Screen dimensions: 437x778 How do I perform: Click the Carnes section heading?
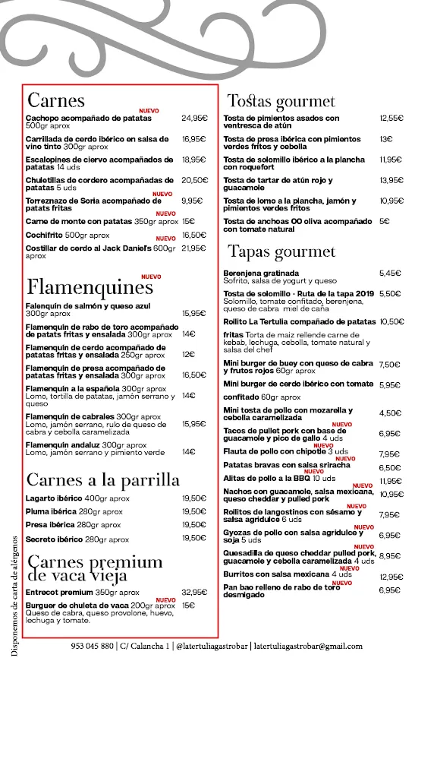click(x=56, y=100)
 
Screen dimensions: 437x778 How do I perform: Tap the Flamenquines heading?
click(x=90, y=288)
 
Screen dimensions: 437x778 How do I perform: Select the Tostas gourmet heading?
click(x=281, y=101)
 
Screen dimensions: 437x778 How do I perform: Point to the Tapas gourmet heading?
click(x=281, y=251)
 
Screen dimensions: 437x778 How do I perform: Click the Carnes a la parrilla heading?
click(x=103, y=479)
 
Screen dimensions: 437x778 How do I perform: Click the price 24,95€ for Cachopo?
click(x=194, y=119)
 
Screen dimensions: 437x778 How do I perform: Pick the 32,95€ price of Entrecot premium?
click(x=194, y=592)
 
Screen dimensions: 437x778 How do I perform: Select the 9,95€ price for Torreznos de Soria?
click(x=193, y=201)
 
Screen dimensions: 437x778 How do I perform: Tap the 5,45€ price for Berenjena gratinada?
click(x=390, y=273)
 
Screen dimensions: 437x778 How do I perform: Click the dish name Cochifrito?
click(x=44, y=236)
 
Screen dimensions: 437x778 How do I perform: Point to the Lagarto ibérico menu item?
click(x=55, y=498)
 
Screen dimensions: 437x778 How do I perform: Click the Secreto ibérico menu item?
click(x=55, y=539)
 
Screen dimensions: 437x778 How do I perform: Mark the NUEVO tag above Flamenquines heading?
click(x=151, y=277)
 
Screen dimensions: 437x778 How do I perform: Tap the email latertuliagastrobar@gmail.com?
click(x=308, y=647)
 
